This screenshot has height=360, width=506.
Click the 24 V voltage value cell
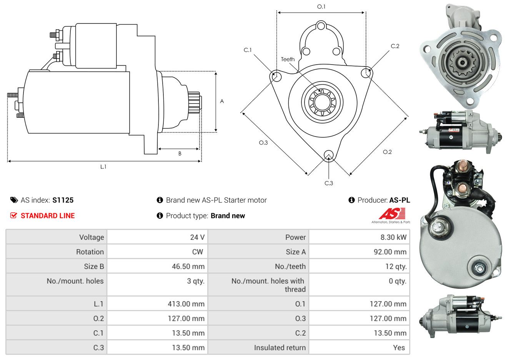197,237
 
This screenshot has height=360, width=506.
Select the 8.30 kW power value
393,237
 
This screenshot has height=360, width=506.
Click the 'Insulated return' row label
280,348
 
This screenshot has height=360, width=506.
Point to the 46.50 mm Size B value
188,267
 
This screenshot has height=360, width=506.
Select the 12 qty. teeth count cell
396,267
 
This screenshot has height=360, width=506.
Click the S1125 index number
63,200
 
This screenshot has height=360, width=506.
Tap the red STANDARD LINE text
48,216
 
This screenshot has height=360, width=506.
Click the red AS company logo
392,214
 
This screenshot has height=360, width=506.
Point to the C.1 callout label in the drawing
248,50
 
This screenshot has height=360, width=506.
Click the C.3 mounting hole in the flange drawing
328,155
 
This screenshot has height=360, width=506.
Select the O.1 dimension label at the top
321,7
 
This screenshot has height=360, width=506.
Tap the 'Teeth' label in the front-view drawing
288,59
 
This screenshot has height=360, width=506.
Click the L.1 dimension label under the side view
103,167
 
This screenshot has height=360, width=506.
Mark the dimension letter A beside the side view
222,101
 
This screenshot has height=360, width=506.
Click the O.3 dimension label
263,142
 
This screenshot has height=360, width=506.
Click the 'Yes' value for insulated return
399,348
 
